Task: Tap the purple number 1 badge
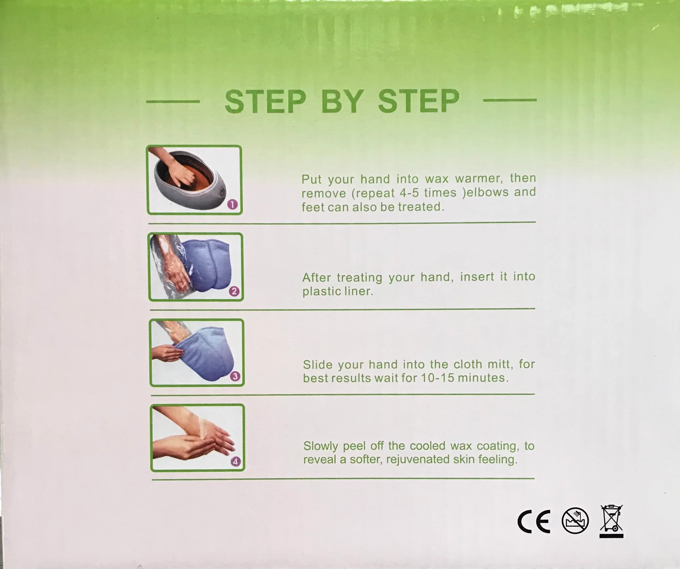point(233,204)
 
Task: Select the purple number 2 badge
point(234,291)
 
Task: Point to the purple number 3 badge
point(235,376)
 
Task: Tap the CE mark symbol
point(534,521)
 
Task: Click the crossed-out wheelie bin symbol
point(611,521)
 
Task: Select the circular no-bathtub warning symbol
point(575,521)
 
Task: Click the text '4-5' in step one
point(410,193)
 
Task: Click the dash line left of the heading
point(173,102)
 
